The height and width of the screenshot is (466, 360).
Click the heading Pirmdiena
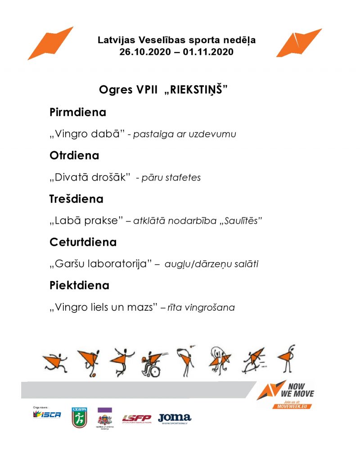[77, 113]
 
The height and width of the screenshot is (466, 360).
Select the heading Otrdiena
[74, 156]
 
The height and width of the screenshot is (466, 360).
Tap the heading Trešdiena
[76, 199]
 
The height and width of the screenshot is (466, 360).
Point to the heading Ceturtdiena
[83, 242]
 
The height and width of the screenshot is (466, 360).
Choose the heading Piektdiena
[79, 285]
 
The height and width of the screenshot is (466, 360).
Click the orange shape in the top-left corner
[50, 43]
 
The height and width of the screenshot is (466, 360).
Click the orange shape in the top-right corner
[299, 43]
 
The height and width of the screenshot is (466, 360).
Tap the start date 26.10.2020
[144, 52]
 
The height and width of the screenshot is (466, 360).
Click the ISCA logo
[47, 415]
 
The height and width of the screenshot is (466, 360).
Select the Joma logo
[174, 418]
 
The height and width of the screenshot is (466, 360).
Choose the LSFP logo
[136, 418]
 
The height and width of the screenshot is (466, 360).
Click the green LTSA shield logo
[79, 417]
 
